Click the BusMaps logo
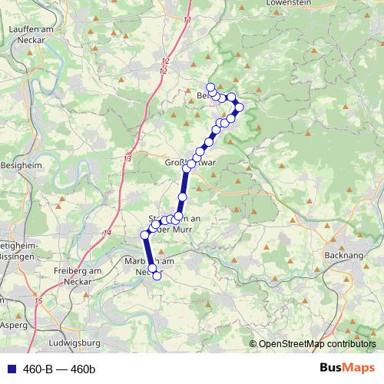pyautogui.click(x=347, y=368)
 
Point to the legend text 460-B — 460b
pyautogui.click(x=58, y=369)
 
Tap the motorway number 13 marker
pyautogui.click(x=127, y=158)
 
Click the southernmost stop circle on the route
pyautogui.click(x=157, y=276)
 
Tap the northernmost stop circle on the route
pyautogui.click(x=210, y=87)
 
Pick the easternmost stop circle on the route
pyautogui.click(x=239, y=107)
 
